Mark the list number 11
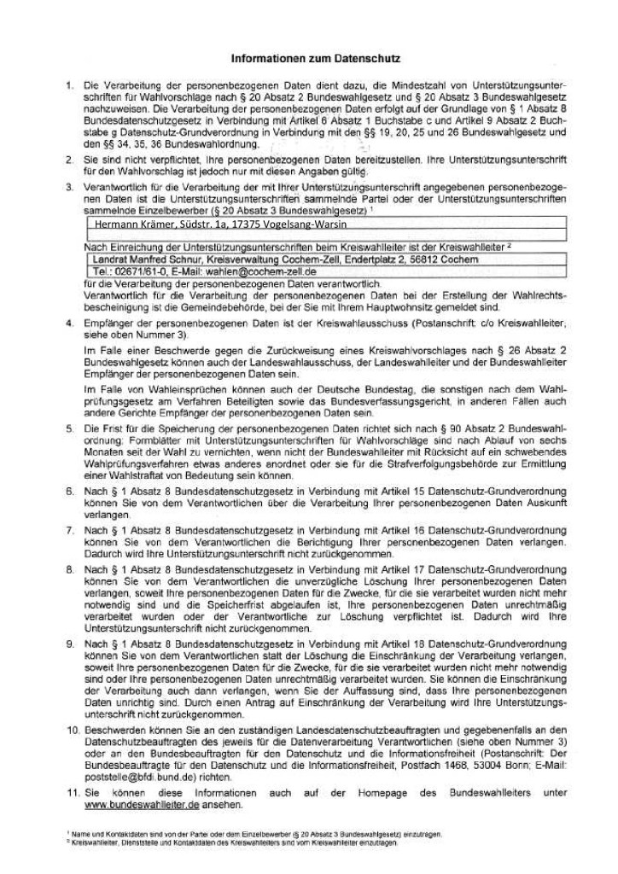(x=68, y=792)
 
